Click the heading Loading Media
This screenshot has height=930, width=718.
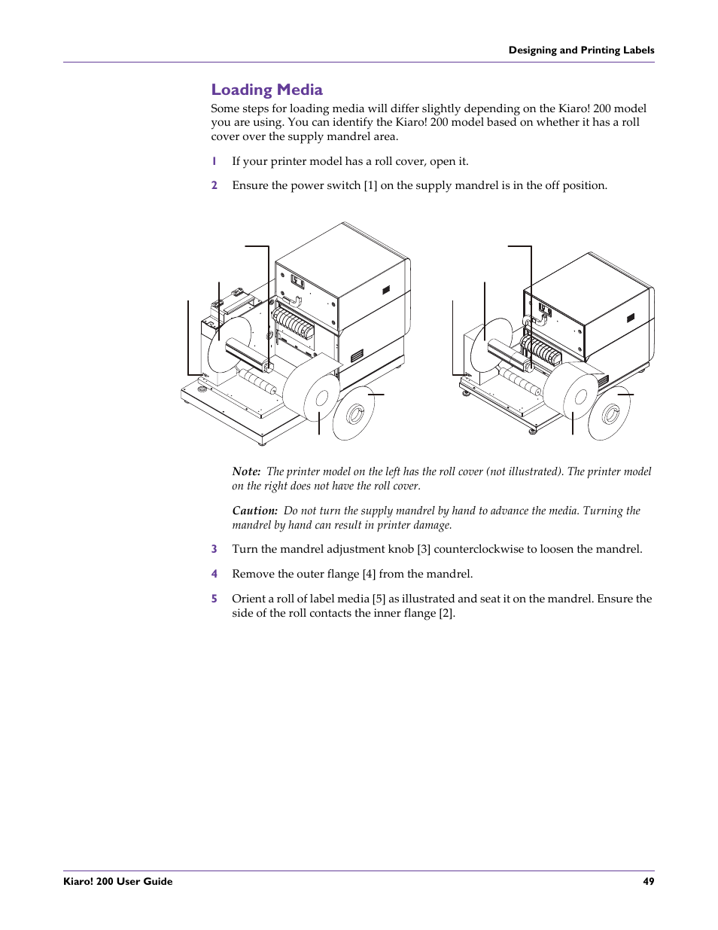[266, 90]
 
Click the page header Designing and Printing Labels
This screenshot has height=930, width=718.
[581, 50]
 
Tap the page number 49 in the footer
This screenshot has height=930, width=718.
[648, 881]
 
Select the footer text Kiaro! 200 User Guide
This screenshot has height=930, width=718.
[118, 881]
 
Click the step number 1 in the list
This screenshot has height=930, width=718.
[214, 161]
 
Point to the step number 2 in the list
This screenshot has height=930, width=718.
[214, 185]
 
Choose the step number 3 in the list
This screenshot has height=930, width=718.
[214, 549]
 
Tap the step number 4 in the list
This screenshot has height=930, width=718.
[214, 574]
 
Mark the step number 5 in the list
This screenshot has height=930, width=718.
[214, 599]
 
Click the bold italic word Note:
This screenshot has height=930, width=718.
[246, 471]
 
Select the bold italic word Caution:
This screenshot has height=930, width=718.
[254, 511]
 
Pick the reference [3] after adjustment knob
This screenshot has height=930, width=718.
[424, 549]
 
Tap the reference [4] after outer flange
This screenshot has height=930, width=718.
[369, 574]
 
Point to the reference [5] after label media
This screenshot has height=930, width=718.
[379, 599]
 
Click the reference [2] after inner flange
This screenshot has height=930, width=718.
[447, 613]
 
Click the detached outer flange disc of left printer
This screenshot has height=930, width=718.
[354, 414]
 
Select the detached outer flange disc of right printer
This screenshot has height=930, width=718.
[610, 414]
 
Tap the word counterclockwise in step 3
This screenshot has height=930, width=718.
[479, 549]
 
